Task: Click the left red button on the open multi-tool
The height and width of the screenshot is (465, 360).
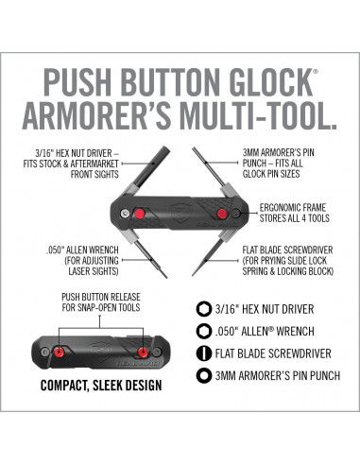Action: click(x=139, y=214)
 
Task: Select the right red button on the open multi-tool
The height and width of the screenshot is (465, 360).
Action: click(x=222, y=214)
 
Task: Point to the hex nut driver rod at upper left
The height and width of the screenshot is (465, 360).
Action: click(x=152, y=166)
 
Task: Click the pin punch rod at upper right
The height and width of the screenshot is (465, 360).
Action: click(x=209, y=166)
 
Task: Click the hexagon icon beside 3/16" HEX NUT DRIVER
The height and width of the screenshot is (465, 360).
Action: click(x=203, y=309)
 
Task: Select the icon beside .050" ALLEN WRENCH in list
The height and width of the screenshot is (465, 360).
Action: click(x=203, y=332)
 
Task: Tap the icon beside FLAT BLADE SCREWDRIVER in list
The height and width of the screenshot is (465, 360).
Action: click(x=203, y=353)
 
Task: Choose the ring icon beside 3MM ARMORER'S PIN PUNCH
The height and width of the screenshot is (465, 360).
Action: click(x=203, y=375)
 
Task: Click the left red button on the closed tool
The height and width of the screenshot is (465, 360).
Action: click(x=59, y=352)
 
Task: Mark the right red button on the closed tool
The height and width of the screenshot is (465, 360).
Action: click(x=144, y=352)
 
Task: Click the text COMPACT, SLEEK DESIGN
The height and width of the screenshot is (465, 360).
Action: click(x=101, y=386)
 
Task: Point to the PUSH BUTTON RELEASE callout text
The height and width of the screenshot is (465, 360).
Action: click(x=101, y=302)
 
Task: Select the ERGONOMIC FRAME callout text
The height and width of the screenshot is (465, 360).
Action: click(x=295, y=213)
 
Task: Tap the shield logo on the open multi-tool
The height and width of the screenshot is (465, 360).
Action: click(x=180, y=214)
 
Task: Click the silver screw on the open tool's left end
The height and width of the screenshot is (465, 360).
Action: click(x=125, y=214)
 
